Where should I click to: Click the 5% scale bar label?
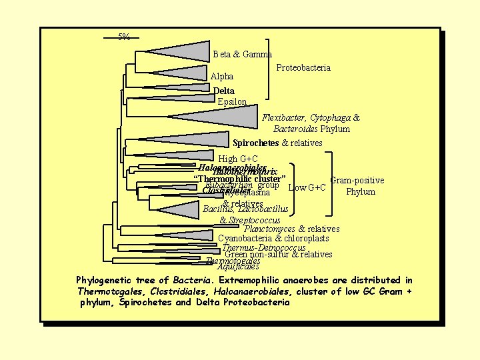coord(124,37)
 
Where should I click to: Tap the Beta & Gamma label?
coord(242,54)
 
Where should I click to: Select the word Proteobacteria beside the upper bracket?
coord(303,68)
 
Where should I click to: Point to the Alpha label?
coord(222,77)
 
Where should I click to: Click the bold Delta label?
coord(223,91)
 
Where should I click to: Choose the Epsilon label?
coord(232,102)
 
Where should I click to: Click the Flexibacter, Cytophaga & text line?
coord(311,118)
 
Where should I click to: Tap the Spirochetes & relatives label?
coord(277,143)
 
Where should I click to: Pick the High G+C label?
coord(238,159)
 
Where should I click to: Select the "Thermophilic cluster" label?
coord(240,179)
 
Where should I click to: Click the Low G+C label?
coord(307,187)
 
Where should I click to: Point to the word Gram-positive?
coord(357,180)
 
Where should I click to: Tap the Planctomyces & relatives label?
coord(291,229)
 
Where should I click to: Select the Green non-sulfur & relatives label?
coord(279,254)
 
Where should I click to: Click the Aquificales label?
coord(238,267)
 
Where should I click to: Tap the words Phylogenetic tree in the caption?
coord(117,280)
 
